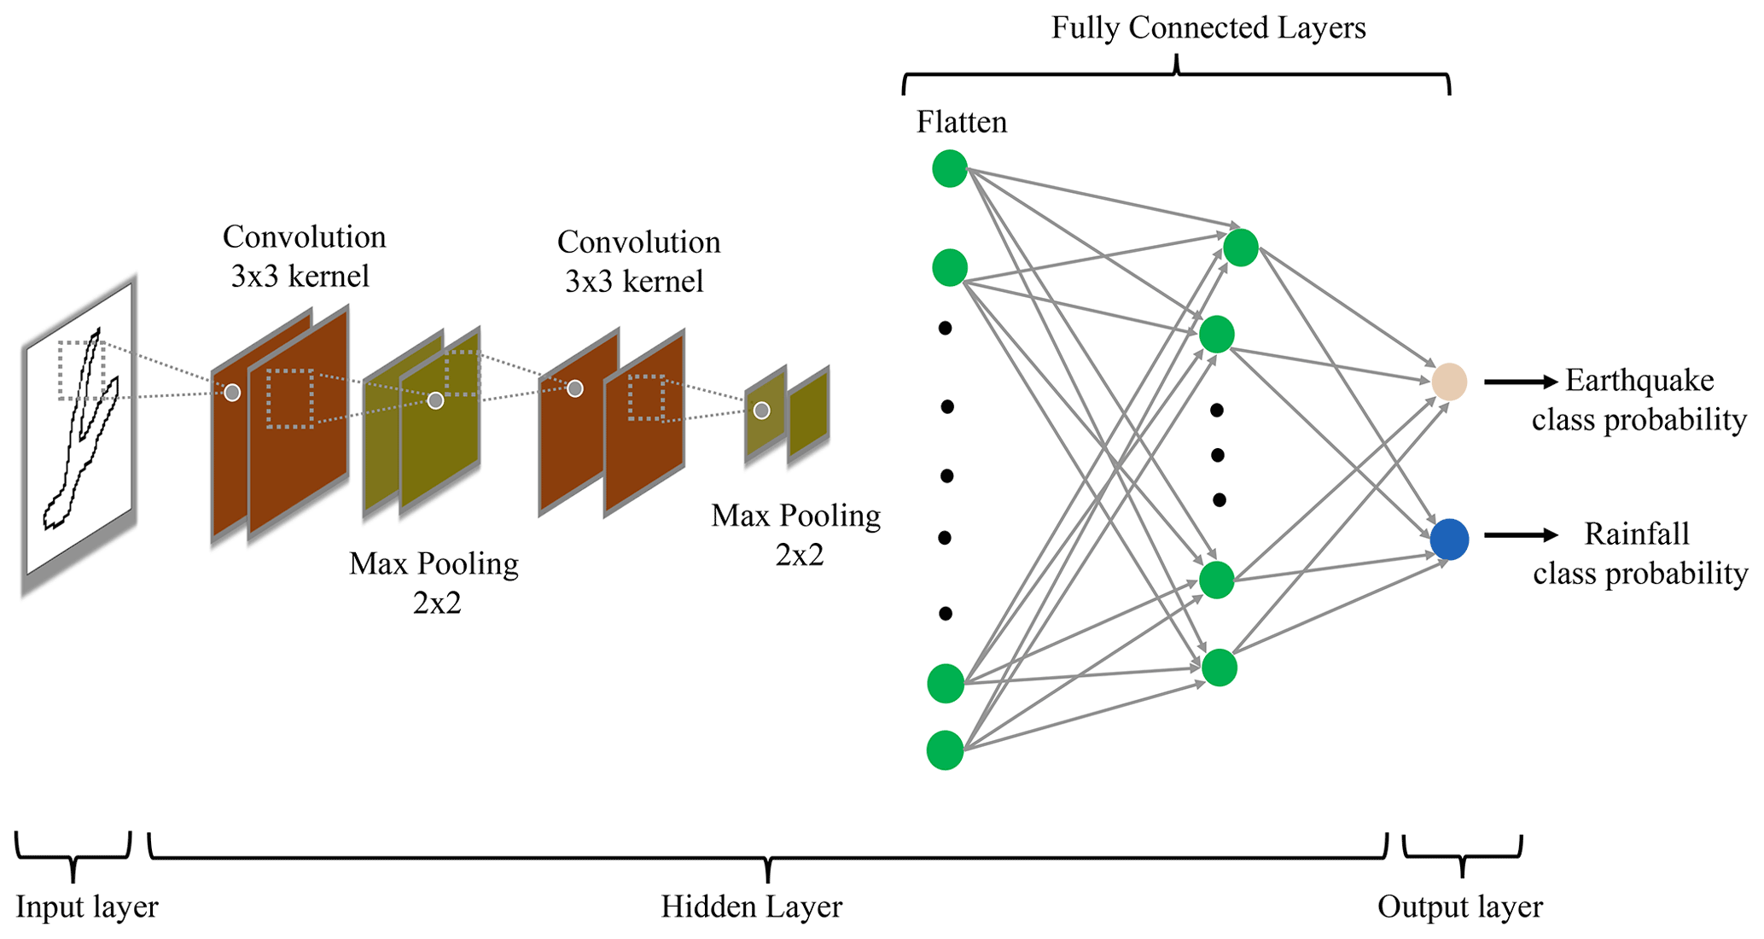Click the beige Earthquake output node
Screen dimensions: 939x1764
coord(1448,382)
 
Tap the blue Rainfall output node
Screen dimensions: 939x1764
coord(1449,539)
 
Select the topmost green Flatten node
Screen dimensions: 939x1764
coord(949,168)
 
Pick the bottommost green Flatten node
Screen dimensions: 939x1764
coord(945,750)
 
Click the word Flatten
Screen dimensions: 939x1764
coord(961,122)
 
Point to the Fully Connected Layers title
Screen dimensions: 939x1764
coord(1208,28)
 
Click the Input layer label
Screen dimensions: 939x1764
coord(86,907)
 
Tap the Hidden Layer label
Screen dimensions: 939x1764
coord(751,907)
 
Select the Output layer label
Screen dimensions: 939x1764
coord(1459,907)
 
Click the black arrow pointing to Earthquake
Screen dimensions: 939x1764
coord(1520,382)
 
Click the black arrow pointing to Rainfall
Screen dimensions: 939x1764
coord(1520,535)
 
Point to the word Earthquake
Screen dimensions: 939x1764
coord(1639,381)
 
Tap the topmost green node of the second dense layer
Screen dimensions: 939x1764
coord(1240,248)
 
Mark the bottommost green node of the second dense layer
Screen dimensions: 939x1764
coord(1219,668)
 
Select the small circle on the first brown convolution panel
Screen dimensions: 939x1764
coord(232,393)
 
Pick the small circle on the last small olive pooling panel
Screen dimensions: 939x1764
coord(761,411)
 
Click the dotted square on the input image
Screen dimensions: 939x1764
coord(82,370)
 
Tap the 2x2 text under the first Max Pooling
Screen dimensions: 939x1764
coord(437,604)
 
